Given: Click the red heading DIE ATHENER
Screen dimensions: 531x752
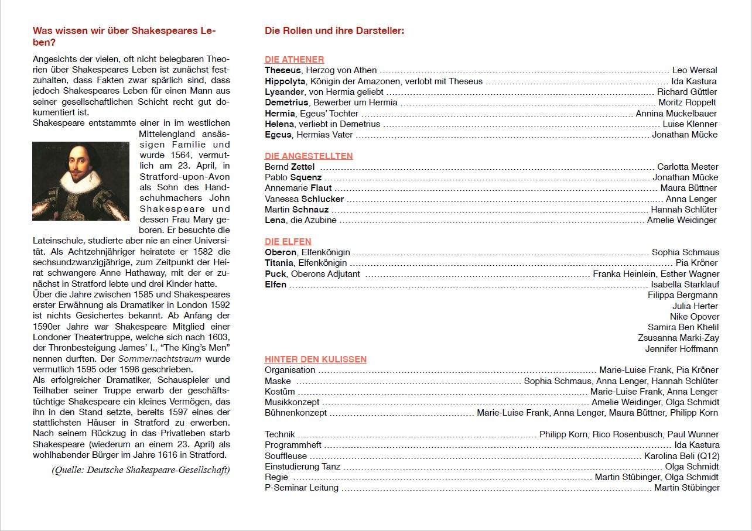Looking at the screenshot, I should coord(294,60).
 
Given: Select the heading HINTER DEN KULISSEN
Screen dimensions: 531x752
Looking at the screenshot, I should coord(316,359).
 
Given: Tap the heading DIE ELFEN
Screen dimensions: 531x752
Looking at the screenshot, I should coord(288,241).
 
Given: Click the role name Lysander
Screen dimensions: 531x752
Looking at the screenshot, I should coord(284,92).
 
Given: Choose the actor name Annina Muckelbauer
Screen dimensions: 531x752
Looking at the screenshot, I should coord(676,114).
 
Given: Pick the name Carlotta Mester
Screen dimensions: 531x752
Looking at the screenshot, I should coord(688,167).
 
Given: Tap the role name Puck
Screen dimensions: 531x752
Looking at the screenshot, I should coord(275,274).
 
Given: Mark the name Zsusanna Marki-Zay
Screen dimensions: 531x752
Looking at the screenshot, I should coord(678,338).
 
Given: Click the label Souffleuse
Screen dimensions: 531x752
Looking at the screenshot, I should coord(285,456).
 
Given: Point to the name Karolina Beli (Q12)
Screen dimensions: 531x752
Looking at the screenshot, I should coord(682,456).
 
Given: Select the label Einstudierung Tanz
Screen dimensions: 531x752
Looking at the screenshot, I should coord(302,467).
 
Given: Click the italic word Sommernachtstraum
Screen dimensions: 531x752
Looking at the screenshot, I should coord(160,359).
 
